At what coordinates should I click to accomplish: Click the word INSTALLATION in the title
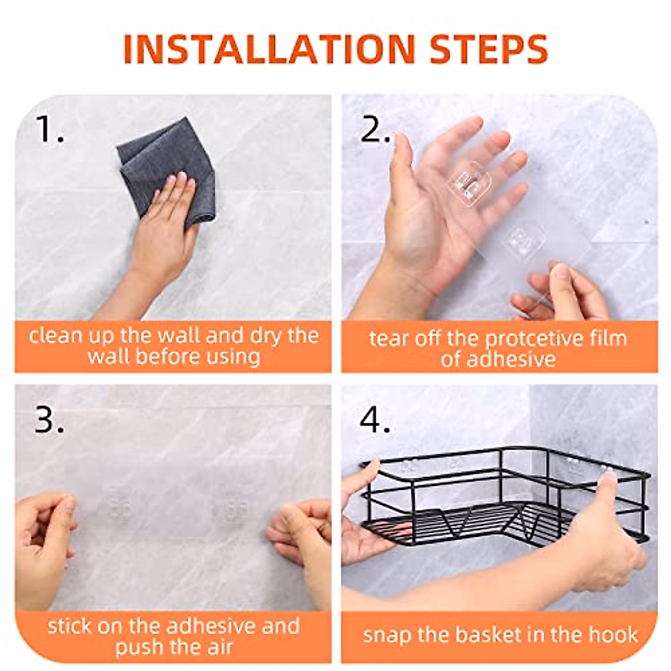pyautogui.click(x=269, y=49)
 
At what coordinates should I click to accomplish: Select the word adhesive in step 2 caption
pyautogui.click(x=511, y=359)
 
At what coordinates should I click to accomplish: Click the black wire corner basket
pyautogui.click(x=505, y=502)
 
